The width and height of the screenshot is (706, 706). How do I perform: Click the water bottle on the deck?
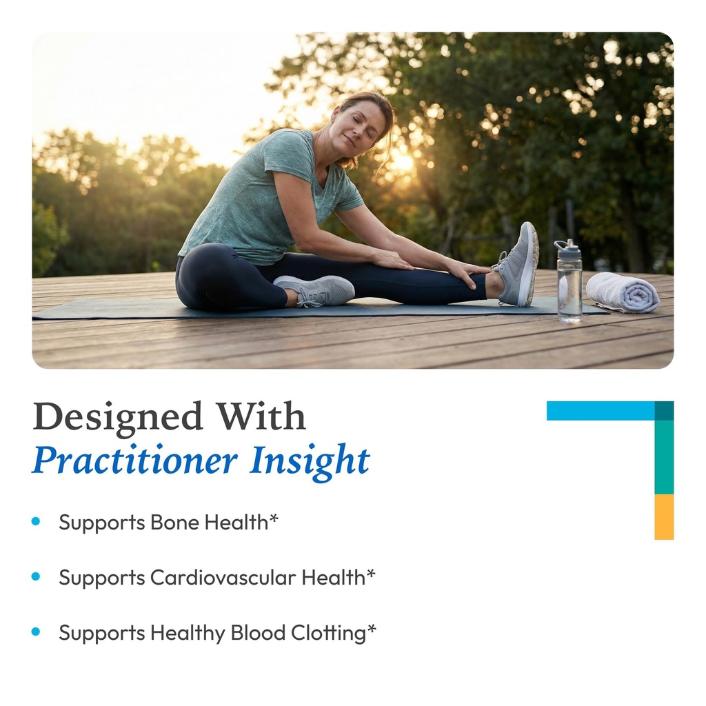[569, 286]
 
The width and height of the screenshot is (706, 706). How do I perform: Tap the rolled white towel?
[622, 292]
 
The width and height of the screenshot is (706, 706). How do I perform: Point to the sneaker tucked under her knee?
[317, 290]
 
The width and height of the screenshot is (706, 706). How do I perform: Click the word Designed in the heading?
[118, 417]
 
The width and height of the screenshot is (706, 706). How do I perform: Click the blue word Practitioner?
[135, 461]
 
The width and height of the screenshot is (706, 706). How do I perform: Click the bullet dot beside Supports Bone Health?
[36, 522]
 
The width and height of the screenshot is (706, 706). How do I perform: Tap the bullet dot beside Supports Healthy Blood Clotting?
[36, 632]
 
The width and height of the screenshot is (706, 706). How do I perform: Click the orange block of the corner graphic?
[664, 516]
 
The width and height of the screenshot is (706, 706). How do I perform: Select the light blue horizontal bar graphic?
[600, 411]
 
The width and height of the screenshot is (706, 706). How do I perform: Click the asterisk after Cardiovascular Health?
[371, 573]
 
